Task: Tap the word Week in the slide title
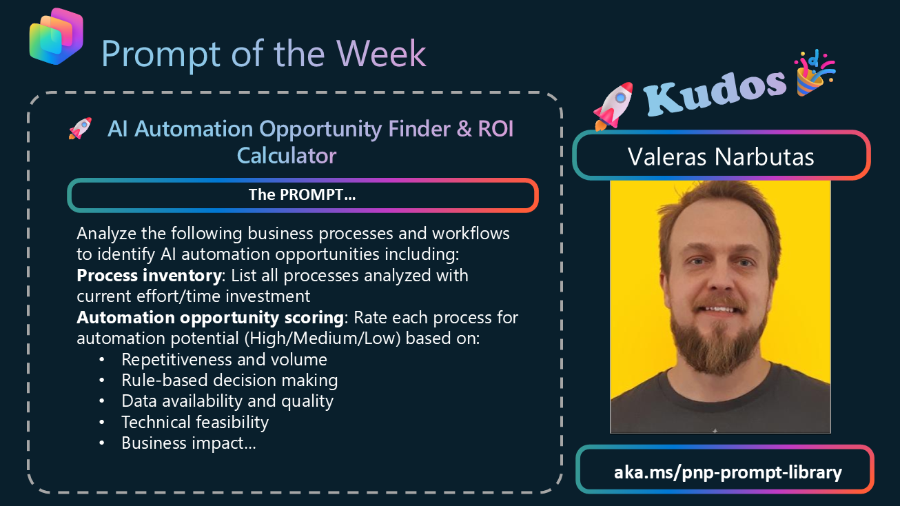pos(381,54)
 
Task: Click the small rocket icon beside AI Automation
pos(80,129)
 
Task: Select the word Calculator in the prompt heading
pos(287,156)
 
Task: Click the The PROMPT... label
pos(302,194)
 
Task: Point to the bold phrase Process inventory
pos(149,276)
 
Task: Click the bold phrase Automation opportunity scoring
pos(210,318)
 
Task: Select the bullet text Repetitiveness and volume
pos(224,359)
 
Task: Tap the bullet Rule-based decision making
pos(229,381)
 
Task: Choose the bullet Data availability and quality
pos(227,401)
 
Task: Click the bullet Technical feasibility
pos(195,422)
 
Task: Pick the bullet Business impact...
pos(188,443)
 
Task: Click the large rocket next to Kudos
pos(613,106)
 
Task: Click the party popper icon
pos(814,72)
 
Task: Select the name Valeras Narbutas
pos(721,156)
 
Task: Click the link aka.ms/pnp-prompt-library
pos(728,472)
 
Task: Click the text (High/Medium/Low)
pos(323,338)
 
